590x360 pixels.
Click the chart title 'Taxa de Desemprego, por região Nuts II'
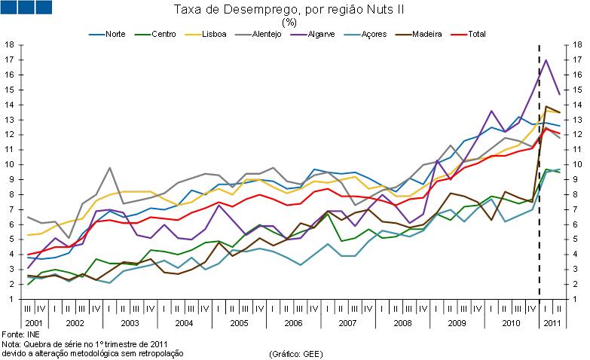289,9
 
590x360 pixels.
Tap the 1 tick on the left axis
10,299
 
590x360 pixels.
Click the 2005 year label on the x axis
239,322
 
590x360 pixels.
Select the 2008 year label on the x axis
402,322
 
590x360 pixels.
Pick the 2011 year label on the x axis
552,322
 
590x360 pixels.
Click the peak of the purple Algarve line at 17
546,60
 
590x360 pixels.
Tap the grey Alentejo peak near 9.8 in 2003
110,168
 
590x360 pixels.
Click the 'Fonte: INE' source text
21,334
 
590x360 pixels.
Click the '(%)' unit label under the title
289,22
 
